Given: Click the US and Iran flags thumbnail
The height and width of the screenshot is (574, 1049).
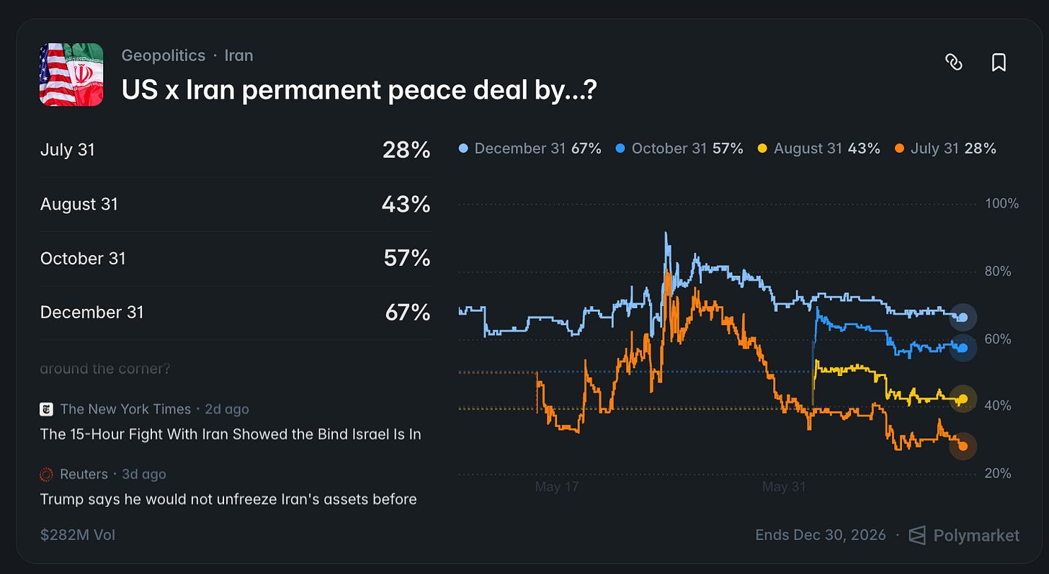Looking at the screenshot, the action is point(71,74).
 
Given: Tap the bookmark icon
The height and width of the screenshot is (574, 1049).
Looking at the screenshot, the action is point(999,62).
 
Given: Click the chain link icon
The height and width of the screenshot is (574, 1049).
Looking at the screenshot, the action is point(953,62).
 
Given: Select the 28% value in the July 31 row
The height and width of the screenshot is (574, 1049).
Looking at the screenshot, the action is point(406,150).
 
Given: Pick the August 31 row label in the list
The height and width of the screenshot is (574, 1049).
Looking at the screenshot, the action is point(79,204).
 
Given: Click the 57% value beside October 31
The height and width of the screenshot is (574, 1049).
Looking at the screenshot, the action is point(406,258).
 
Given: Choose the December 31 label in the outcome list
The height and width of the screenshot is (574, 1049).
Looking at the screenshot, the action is point(91,313).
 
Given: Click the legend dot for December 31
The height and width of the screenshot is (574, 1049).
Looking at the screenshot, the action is point(463,148).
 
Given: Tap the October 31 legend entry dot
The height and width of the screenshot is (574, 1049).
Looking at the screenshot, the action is point(620,148).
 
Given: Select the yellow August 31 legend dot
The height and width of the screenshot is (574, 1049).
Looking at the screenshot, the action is point(762,148).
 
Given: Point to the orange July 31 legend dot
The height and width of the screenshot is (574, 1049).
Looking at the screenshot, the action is point(899,148).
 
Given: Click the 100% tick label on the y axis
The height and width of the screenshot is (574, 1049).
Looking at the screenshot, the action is point(1001,204).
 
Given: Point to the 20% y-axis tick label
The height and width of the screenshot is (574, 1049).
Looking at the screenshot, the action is point(997,473).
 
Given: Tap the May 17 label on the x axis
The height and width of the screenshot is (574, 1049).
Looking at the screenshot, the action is point(557,487).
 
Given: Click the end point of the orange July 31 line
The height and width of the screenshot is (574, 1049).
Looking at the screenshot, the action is point(963,447).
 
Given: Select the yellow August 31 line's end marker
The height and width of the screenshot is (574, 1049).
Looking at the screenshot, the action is point(963,399).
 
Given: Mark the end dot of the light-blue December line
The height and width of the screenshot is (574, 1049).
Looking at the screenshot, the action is point(963,318).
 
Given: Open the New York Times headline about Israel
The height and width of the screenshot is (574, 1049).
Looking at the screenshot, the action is point(231,434).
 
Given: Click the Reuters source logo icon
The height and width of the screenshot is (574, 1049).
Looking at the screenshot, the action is point(46,475).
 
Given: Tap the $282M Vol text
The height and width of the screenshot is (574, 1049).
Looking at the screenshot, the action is point(78,535).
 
